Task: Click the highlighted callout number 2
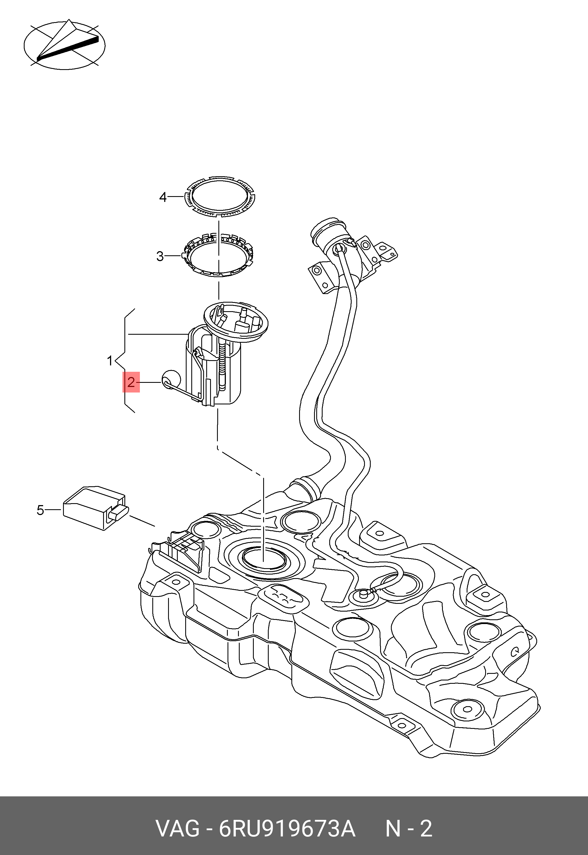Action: pos(131,382)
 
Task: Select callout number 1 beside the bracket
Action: pos(110,360)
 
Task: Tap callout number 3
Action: pos(160,256)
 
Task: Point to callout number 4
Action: pos(163,197)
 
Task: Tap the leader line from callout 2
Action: pos(150,382)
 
